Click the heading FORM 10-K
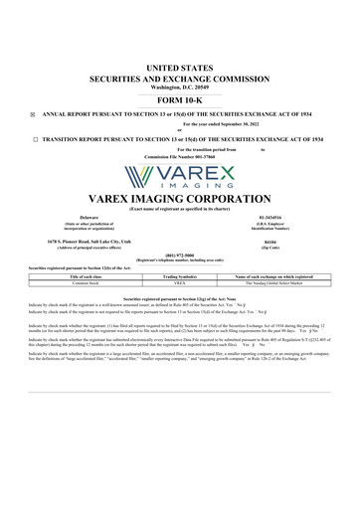tap(180, 100)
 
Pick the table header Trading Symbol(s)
tap(180, 275)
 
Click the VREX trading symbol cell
tap(180, 282)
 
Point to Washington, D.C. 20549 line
tap(180, 87)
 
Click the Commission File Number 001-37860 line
tap(180, 156)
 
